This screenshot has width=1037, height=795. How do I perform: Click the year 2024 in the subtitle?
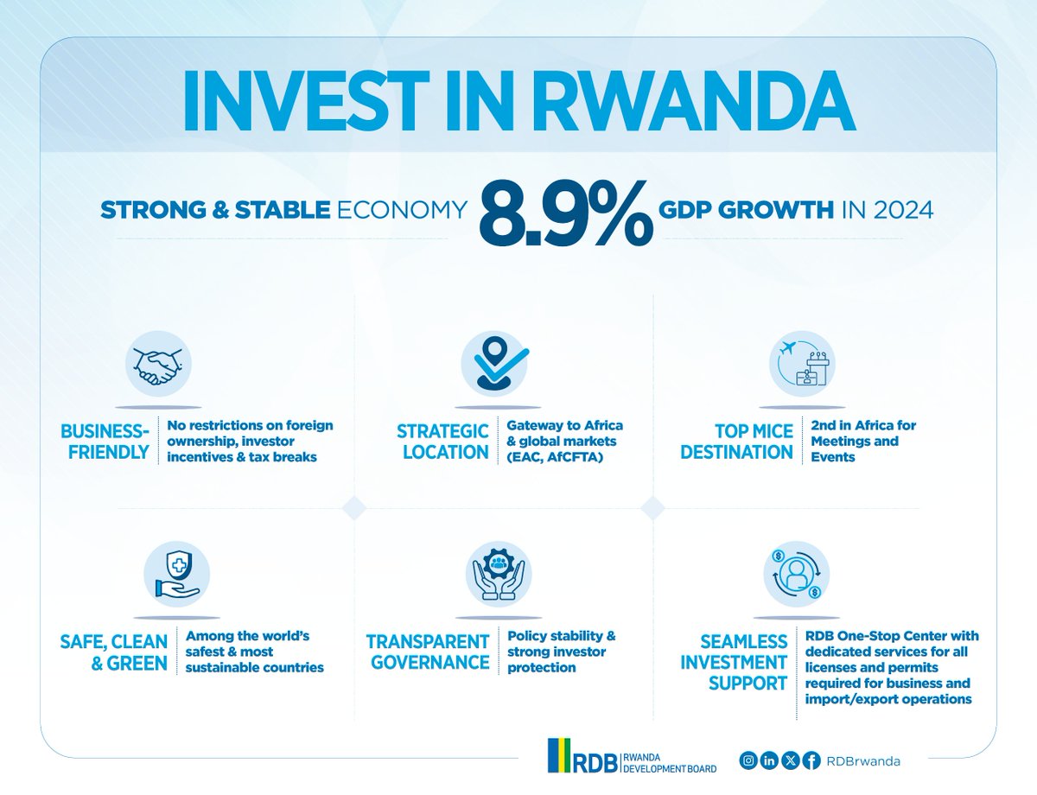(x=903, y=210)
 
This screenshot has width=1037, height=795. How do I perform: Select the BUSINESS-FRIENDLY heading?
(x=105, y=442)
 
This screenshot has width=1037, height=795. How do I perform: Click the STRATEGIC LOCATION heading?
(x=442, y=442)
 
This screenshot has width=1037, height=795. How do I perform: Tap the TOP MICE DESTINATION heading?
(x=736, y=442)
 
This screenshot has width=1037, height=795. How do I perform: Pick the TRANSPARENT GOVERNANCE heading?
(x=428, y=652)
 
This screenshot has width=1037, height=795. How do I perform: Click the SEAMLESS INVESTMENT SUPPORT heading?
(x=735, y=662)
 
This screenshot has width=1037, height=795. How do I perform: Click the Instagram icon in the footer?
(x=749, y=760)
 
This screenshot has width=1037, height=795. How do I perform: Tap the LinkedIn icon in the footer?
(x=770, y=760)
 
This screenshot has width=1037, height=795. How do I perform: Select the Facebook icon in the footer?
(x=811, y=760)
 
